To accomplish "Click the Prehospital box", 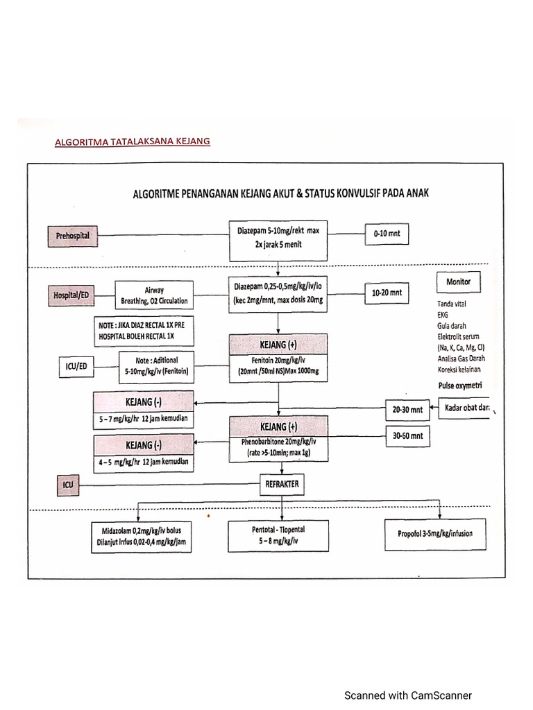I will [73, 236].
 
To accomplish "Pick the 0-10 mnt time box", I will [387, 234].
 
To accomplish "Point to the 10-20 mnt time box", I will [387, 293].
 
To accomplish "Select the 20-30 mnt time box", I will [407, 410].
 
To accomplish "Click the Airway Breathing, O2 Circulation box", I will [155, 295].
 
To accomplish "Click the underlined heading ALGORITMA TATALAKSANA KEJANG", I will [132, 141].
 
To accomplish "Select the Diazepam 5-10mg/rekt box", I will [278, 238].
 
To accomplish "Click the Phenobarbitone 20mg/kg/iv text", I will [278, 441].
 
